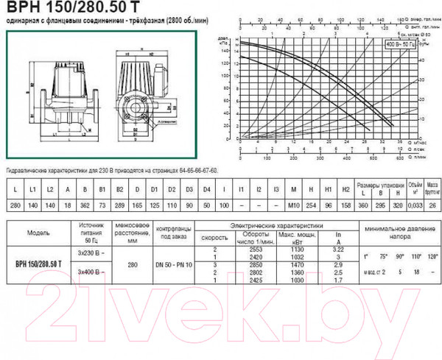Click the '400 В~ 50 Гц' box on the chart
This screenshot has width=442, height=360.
click(401, 45)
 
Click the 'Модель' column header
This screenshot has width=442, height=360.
click(38, 229)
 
